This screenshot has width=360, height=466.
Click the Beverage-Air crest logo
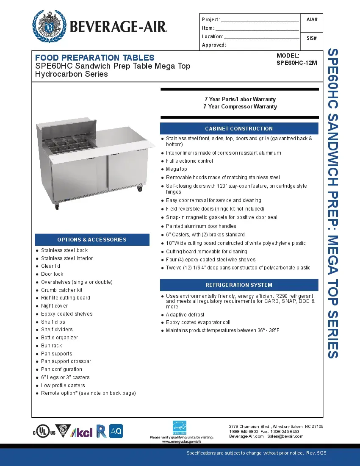tap(50, 26)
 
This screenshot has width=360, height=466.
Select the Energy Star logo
tap(180, 427)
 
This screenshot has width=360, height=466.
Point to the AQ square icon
tap(116, 431)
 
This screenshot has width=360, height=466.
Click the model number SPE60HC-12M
tap(296, 63)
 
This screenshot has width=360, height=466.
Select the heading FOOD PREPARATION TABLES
tap(95, 58)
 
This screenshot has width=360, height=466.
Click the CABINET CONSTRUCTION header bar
tap(239, 129)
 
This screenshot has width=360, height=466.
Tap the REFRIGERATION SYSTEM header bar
tap(239, 285)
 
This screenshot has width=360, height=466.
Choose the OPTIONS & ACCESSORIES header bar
tap(92, 240)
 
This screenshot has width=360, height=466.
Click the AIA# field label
tap(312, 19)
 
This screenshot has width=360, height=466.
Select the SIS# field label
tap(312, 38)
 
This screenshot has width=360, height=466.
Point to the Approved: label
tap(214, 45)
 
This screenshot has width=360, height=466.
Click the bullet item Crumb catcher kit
tap(62, 290)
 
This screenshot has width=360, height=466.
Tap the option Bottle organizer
tap(60, 338)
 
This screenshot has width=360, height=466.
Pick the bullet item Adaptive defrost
tap(185, 315)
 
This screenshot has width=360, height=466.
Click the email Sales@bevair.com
tap(285, 436)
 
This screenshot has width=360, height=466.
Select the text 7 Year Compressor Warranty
tap(240, 107)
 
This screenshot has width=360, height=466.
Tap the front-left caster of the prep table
tap(57, 207)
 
